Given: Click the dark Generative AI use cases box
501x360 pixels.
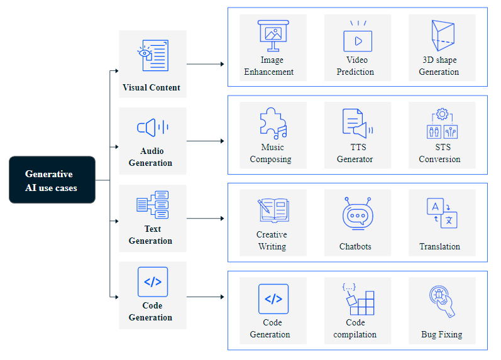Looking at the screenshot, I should click(x=52, y=180).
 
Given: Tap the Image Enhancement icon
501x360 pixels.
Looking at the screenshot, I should click(x=273, y=35).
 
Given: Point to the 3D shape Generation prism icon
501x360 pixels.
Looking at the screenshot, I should click(x=442, y=36).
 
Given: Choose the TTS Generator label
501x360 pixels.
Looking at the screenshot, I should click(x=355, y=153).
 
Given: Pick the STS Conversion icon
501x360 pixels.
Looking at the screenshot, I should click(x=442, y=124).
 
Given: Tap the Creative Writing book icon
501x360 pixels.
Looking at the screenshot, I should click(x=273, y=210).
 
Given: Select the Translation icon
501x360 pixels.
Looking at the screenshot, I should click(x=441, y=212).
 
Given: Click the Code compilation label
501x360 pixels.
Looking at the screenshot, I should click(x=355, y=329).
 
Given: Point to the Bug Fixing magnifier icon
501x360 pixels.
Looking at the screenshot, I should click(x=441, y=300).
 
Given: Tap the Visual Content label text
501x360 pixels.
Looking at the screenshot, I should click(x=151, y=87).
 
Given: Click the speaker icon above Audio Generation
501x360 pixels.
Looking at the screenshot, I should click(x=152, y=128).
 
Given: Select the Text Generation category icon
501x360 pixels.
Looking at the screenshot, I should click(x=152, y=204).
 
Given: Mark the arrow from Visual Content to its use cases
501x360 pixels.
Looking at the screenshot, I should click(x=206, y=64).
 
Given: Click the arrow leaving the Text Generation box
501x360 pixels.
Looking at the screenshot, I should click(x=206, y=219).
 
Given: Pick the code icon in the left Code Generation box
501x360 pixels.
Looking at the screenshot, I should click(x=153, y=281).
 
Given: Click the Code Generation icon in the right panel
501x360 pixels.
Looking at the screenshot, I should click(x=273, y=298).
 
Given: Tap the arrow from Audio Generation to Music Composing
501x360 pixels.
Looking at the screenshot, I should click(x=206, y=141).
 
